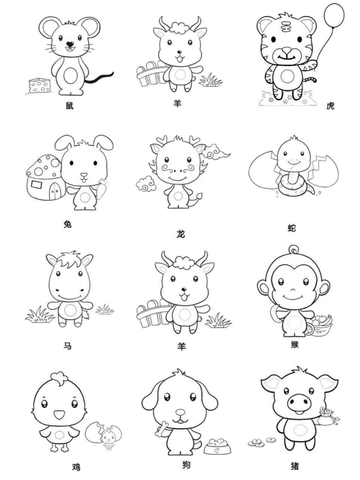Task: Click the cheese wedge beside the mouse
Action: pos(40,85)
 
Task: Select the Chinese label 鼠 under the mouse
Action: pos(70,105)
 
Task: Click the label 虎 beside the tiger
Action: pos(330,106)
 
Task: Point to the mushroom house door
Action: pos(55,191)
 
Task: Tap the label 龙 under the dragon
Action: pos(180,234)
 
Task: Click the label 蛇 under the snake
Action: pos(292,228)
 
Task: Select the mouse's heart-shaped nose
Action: pos(70,44)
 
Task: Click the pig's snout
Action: pos(299,403)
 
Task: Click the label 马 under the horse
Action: pos(67,346)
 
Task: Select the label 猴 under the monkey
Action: pos(295,344)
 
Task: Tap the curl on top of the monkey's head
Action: pos(294,249)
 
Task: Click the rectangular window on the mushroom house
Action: pos(36,184)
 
